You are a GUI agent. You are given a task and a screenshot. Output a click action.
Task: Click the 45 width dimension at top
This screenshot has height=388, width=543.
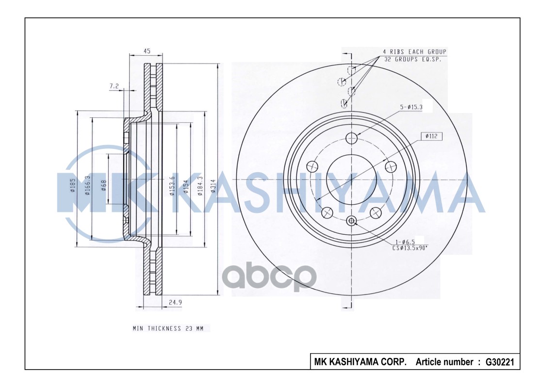click(x=147, y=50)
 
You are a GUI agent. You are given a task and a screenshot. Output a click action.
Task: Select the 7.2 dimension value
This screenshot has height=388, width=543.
click(x=115, y=86)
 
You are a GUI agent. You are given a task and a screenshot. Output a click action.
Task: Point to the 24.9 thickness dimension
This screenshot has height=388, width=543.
click(x=175, y=303)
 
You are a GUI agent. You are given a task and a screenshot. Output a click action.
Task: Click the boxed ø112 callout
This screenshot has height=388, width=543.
click(x=431, y=136)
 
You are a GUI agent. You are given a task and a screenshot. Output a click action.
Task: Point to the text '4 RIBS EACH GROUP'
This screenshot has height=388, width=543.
click(x=414, y=51)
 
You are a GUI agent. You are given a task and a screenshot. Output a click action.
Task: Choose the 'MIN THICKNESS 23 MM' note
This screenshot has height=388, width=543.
click(x=168, y=329)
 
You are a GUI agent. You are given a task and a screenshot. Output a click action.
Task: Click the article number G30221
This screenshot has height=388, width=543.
click(x=499, y=362)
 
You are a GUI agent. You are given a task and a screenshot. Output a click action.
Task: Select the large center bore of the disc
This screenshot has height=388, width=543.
click(x=351, y=179)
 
